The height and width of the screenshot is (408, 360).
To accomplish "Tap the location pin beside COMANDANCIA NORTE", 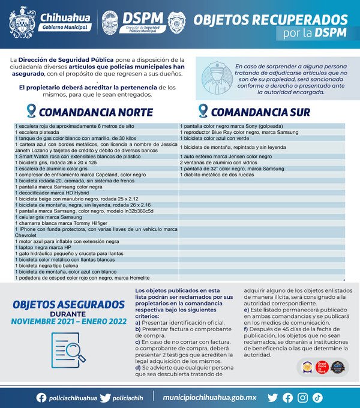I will [x=31, y=111].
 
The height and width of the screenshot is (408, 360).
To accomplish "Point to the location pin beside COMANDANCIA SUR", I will [x=203, y=111].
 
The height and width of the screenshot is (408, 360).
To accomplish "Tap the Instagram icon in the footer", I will [x=302, y=397].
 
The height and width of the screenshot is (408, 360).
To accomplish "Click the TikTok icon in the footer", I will [x=317, y=397].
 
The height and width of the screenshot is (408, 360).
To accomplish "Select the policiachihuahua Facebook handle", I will [x=72, y=398].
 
